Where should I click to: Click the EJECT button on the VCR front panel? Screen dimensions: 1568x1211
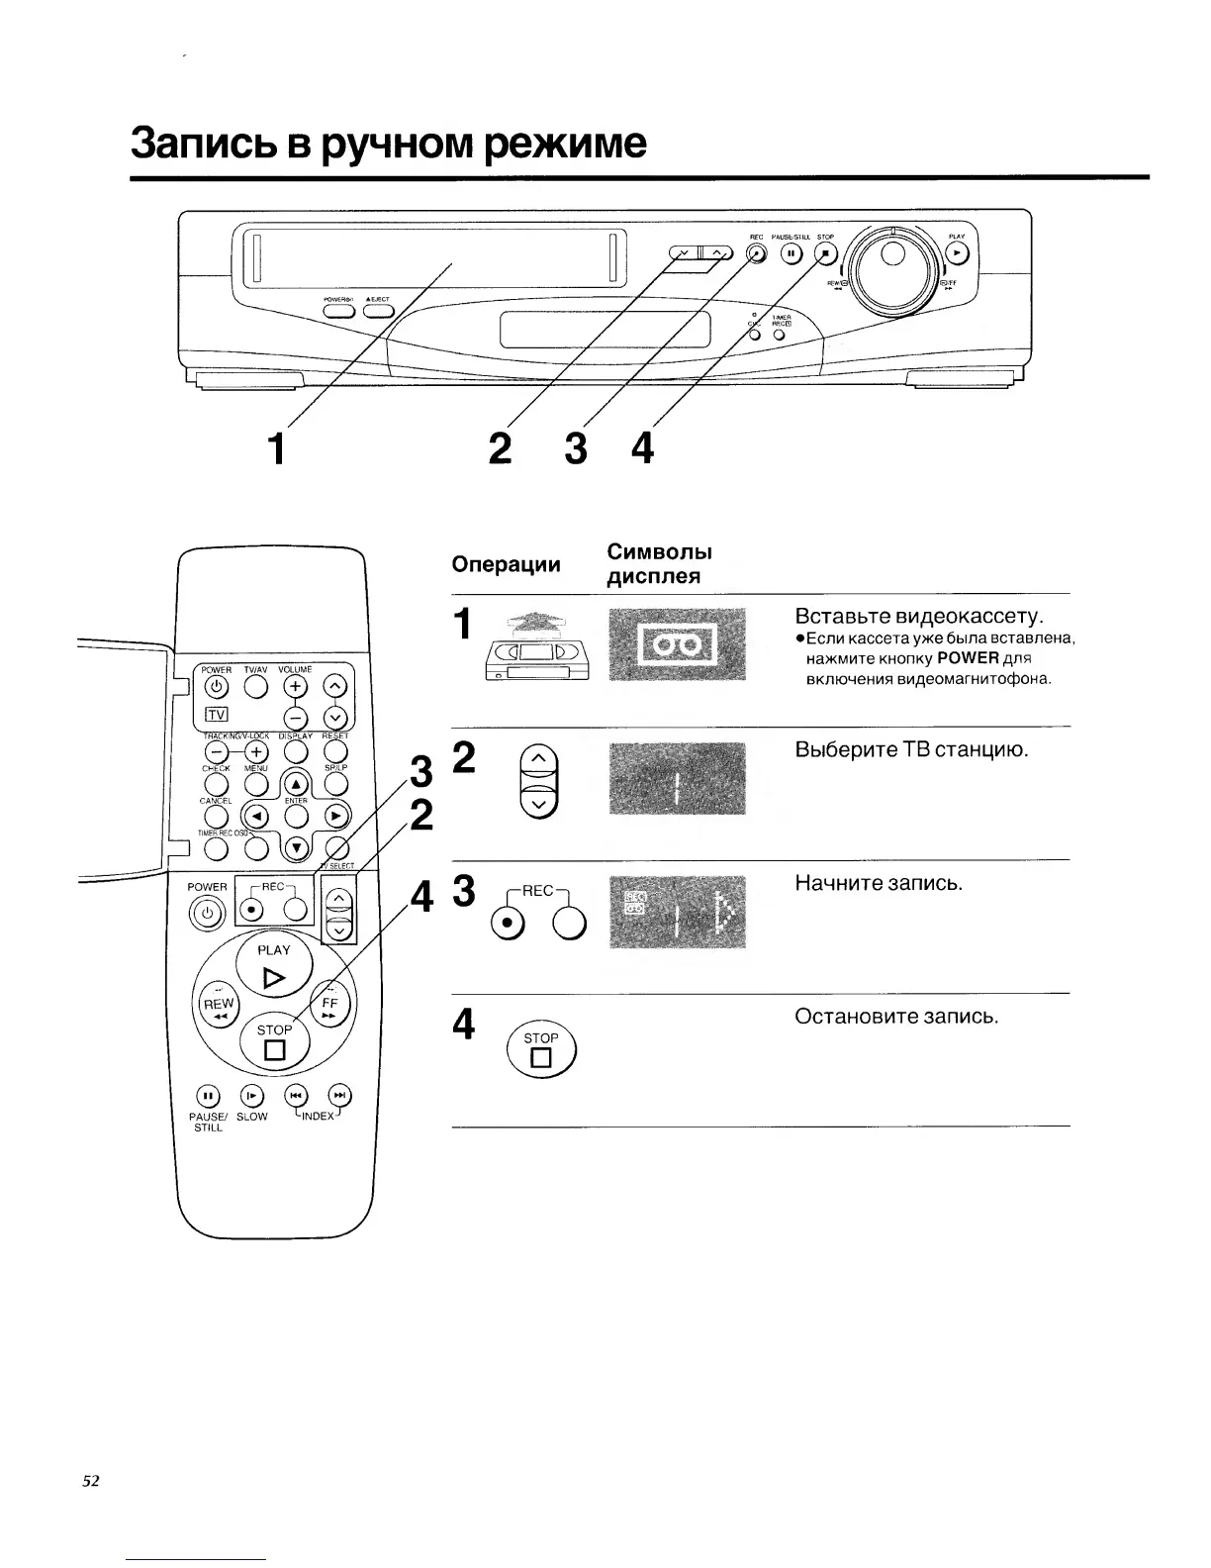coord(378,310)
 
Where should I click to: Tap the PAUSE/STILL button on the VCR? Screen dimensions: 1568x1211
coord(792,253)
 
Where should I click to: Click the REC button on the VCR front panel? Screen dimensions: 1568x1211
coord(756,253)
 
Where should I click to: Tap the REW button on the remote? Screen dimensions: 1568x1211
coord(219,1007)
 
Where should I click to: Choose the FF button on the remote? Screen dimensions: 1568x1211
coord(330,1005)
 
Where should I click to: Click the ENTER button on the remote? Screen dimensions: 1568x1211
coord(294,816)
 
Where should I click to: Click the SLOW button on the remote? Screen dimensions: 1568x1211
coord(251,1095)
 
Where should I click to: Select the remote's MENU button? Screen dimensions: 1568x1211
coord(256,783)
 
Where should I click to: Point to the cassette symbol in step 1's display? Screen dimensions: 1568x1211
coord(676,646)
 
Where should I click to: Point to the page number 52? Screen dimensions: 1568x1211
coord(91,1481)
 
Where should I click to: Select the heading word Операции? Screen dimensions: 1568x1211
coord(506,564)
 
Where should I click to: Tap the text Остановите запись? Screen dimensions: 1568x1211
coord(896,1017)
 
